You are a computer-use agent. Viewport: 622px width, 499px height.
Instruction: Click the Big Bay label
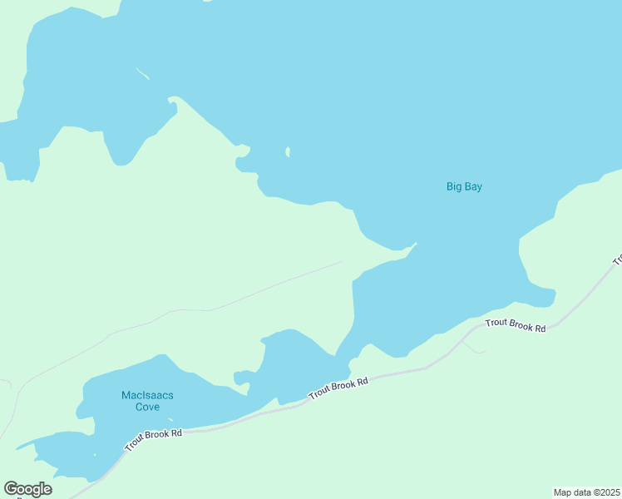click(x=464, y=187)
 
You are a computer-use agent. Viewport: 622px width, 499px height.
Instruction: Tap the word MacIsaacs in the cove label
click(x=147, y=395)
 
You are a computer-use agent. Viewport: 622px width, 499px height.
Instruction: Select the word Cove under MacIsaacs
click(x=146, y=407)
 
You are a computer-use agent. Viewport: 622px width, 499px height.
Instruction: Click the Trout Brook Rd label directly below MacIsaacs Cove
click(x=153, y=440)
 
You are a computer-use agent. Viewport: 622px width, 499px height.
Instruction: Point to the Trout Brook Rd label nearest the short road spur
click(x=516, y=325)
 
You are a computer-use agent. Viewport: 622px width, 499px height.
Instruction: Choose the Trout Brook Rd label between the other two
click(x=338, y=388)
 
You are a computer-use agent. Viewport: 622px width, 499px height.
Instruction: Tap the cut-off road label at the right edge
click(x=617, y=259)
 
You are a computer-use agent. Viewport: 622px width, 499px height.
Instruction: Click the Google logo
click(x=27, y=489)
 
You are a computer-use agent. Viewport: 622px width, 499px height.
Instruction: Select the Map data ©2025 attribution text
click(x=586, y=492)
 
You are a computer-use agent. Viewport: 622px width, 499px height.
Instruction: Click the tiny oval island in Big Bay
click(x=288, y=152)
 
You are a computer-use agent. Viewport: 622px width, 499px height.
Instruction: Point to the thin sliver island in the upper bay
click(x=142, y=73)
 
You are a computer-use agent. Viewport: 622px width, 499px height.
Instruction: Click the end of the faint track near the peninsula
click(x=342, y=262)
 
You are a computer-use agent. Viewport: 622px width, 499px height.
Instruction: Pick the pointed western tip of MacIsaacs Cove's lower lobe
click(x=17, y=447)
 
